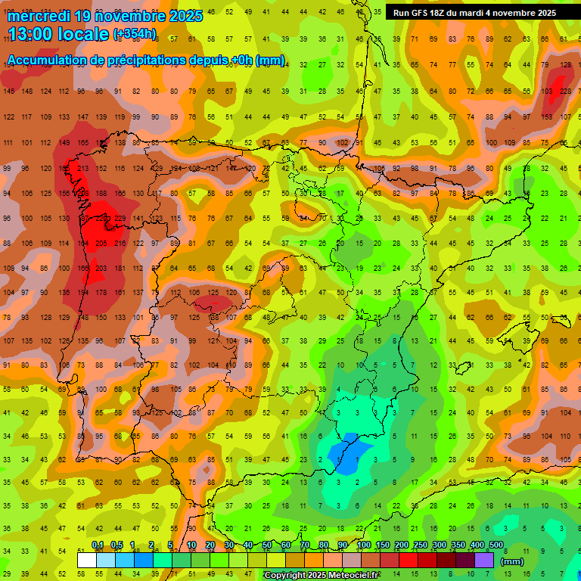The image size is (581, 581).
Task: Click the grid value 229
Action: (x=120, y=219)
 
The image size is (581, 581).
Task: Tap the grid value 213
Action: (x=82, y=168)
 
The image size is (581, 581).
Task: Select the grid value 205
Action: (x=101, y=243)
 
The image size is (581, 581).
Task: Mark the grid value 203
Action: (x=101, y=269)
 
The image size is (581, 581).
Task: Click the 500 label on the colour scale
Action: (x=496, y=545)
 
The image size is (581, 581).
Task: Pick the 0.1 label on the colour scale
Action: (x=98, y=545)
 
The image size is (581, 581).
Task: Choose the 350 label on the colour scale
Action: (x=458, y=545)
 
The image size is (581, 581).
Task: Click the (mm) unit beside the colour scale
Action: (x=512, y=562)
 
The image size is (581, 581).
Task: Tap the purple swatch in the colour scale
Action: (x=484, y=561)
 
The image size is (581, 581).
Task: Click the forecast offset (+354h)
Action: (x=135, y=35)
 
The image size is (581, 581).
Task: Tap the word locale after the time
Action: (x=82, y=35)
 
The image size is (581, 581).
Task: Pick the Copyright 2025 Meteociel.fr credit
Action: (x=322, y=576)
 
